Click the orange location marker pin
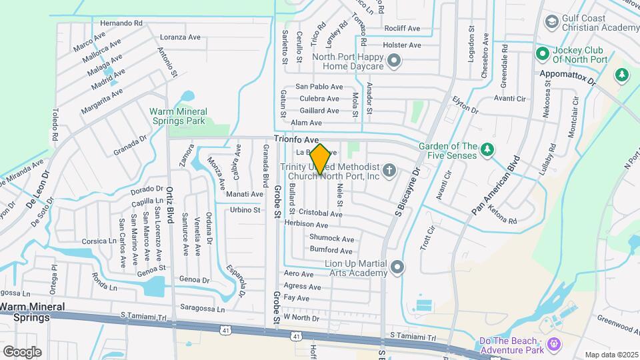click(x=320, y=159)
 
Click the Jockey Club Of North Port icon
click(x=541, y=52)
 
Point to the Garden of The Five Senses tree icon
click(x=488, y=149)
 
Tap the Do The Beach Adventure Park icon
click(x=553, y=344)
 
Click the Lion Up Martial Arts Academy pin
click(x=398, y=267)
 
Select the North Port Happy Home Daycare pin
click(x=394, y=62)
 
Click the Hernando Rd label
click(x=122, y=23)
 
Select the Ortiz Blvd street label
click(x=170, y=204)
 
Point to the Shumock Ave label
click(x=331, y=238)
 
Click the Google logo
click(x=22, y=351)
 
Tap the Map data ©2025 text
click(x=611, y=355)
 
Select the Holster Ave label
click(x=402, y=45)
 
